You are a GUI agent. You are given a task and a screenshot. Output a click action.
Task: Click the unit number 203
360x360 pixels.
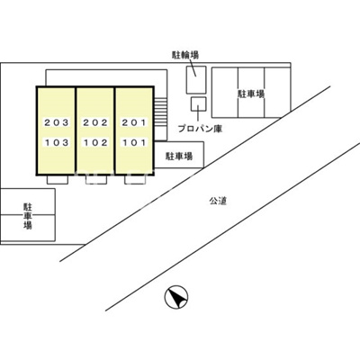pyautogui.click(x=57, y=122)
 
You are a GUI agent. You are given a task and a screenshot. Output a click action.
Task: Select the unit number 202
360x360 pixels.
pyautogui.click(x=95, y=122)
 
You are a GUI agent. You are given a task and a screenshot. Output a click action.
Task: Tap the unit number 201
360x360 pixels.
pyautogui.click(x=134, y=122)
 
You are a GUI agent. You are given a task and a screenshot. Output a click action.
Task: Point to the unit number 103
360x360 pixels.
pyautogui.click(x=57, y=142)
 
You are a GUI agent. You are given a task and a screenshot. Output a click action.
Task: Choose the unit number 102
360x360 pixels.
pyautogui.click(x=95, y=142)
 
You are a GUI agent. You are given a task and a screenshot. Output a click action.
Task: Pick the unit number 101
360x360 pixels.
pyautogui.click(x=134, y=142)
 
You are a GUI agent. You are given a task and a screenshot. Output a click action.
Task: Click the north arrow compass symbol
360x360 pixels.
pyautogui.click(x=176, y=297)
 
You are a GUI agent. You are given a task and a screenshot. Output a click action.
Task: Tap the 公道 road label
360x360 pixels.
pyautogui.click(x=218, y=201)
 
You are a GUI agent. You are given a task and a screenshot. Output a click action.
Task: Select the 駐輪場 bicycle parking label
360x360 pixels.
pyautogui.click(x=185, y=55)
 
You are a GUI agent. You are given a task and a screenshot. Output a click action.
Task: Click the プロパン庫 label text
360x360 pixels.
pyautogui.click(x=200, y=130)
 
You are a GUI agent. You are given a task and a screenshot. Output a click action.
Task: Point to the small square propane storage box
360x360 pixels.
pyautogui.click(x=199, y=103)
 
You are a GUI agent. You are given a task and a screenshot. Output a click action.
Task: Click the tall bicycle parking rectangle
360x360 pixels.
pyautogui.click(x=196, y=79)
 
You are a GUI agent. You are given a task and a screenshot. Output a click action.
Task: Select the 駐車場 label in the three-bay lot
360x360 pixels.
pyautogui.click(x=251, y=94)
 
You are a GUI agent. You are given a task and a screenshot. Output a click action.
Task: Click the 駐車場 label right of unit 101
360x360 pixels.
pyautogui.click(x=179, y=157)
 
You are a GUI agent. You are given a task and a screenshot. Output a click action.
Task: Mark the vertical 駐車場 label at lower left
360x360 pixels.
pyautogui.click(x=28, y=216)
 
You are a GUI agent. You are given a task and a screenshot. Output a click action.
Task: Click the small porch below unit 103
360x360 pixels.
pyautogui.click(x=58, y=179)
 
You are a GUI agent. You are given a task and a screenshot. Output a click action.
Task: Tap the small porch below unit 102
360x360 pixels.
pyautogui.click(x=96, y=179)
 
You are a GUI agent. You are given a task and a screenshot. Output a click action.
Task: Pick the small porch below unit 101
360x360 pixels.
pyautogui.click(x=135, y=179)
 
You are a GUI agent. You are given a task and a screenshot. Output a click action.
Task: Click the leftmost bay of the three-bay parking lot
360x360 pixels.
pyautogui.click(x=225, y=92)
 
